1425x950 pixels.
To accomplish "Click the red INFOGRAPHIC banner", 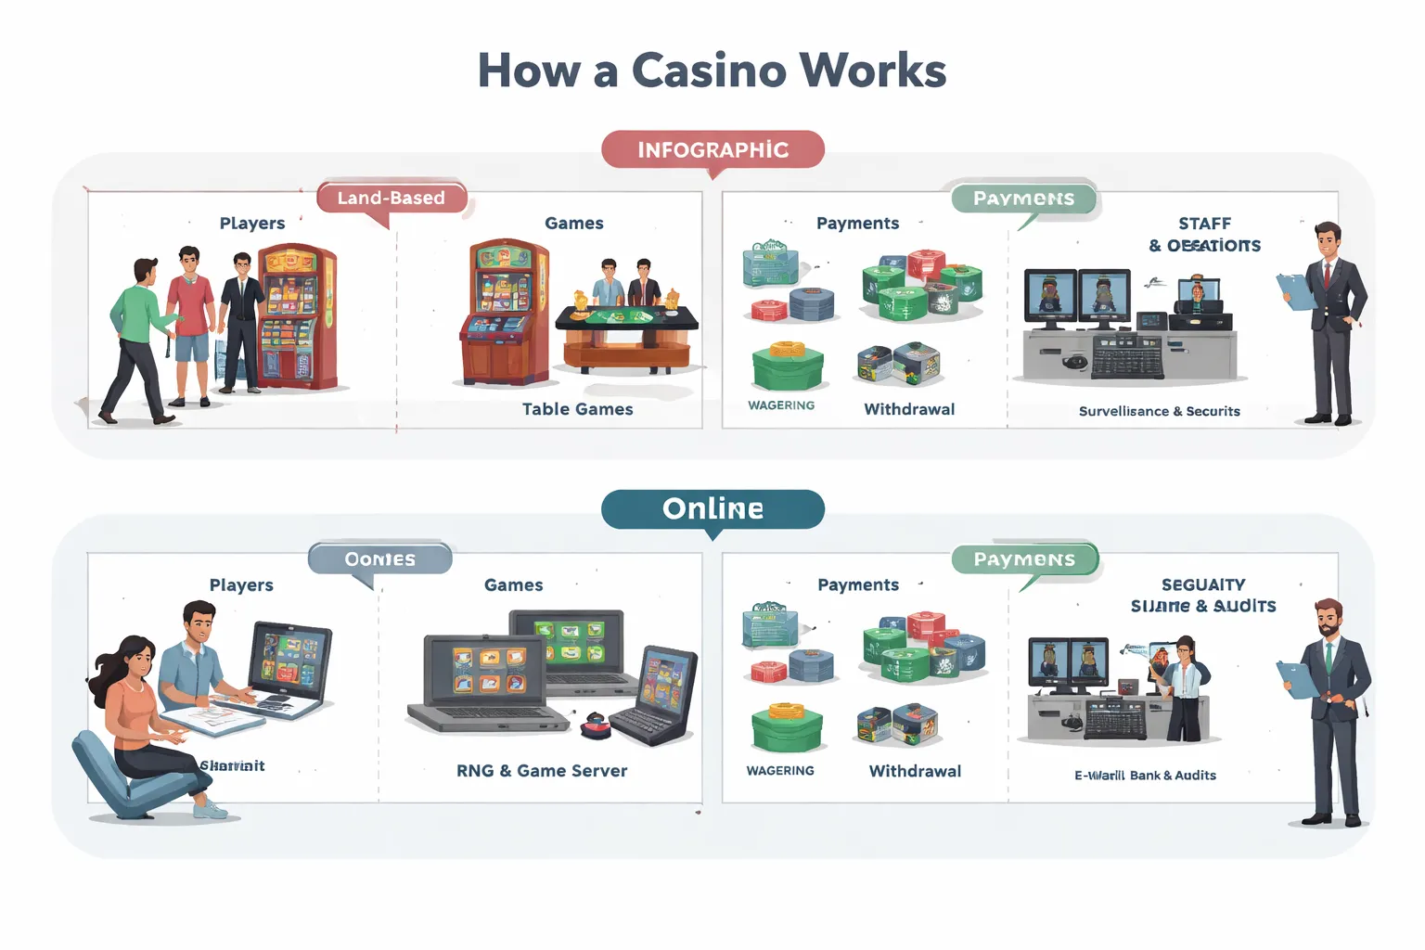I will tap(712, 149).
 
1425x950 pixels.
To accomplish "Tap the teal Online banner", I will tap(712, 508).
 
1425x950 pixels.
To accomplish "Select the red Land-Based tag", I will tap(391, 198).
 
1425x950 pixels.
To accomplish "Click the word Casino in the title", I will tap(709, 71).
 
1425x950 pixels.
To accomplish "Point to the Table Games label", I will tap(577, 409).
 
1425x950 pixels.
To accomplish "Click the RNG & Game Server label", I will tap(542, 771).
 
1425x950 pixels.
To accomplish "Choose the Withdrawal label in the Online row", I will tap(915, 771).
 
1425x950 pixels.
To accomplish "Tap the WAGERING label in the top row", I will tap(781, 405).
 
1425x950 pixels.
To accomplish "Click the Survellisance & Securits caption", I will tap(1159, 411).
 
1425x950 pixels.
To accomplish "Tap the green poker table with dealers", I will tap(627, 320).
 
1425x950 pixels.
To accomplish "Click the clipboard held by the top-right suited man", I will tap(1295, 291).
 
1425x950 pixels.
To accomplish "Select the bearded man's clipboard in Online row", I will tap(1296, 680).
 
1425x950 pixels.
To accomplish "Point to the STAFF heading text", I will tap(1204, 224).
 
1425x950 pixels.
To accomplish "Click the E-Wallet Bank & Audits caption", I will tap(1145, 776).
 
